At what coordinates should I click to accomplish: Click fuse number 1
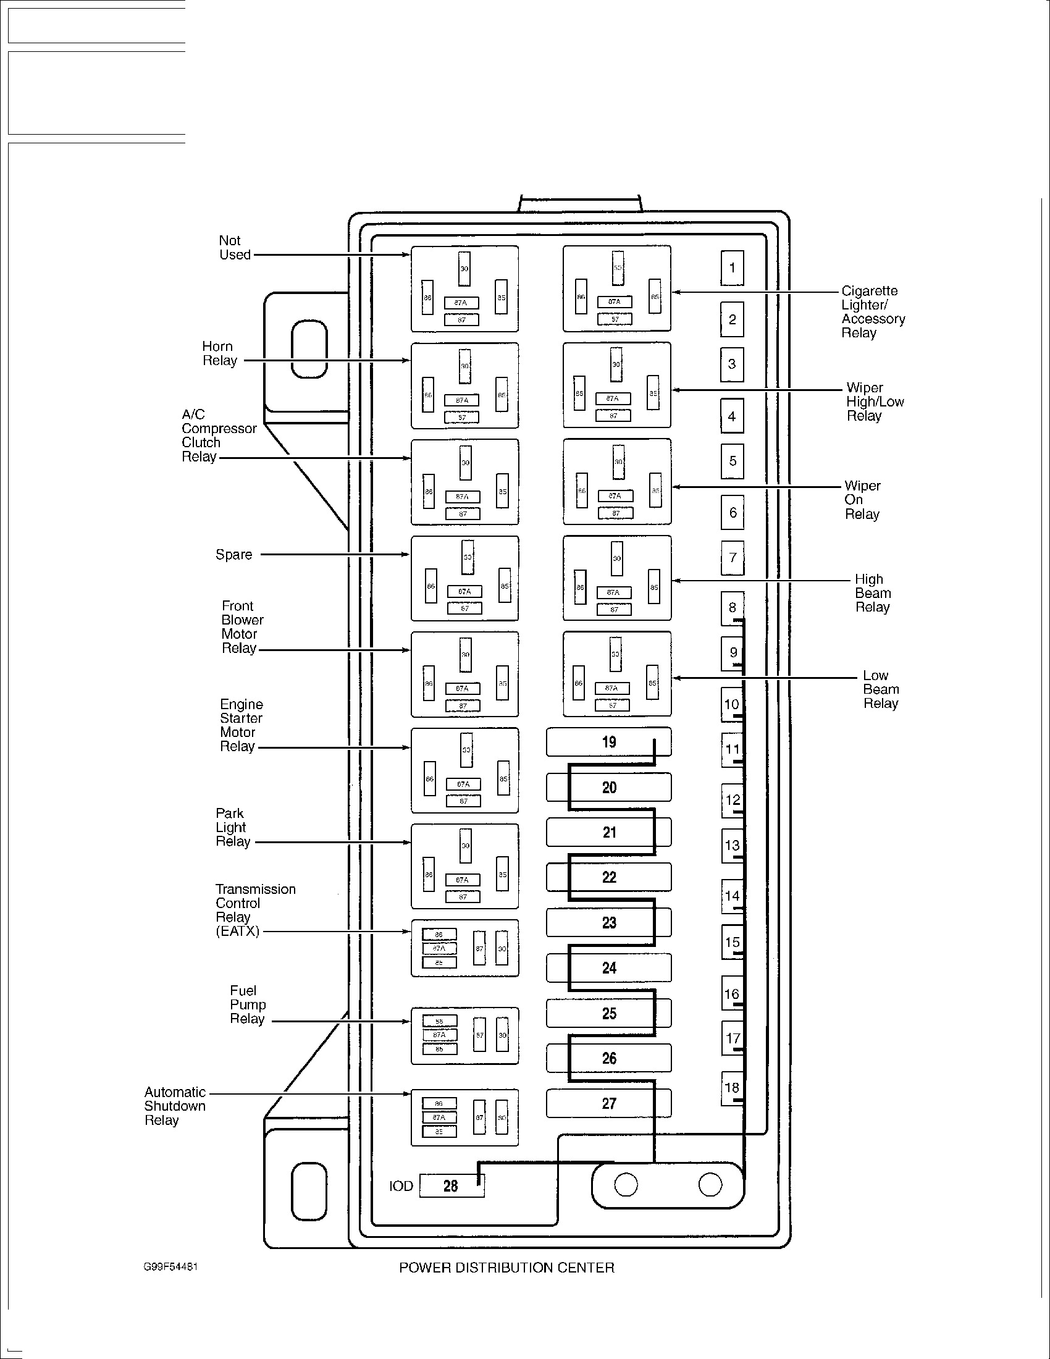[x=732, y=268]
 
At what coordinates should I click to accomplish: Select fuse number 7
[x=733, y=558]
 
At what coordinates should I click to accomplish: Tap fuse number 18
[x=732, y=1088]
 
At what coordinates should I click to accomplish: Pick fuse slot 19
[x=609, y=742]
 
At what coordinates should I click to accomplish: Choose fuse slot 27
[x=609, y=1103]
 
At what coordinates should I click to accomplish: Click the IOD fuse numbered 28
[x=451, y=1186]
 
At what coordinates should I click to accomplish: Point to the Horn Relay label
[x=220, y=353]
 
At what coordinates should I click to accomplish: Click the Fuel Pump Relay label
[x=248, y=1004]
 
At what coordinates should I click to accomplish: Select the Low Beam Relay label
[x=881, y=689]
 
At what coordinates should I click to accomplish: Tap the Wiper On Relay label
[x=862, y=500]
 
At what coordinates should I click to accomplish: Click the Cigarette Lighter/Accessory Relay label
[x=873, y=311]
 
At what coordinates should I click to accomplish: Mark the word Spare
[x=234, y=555]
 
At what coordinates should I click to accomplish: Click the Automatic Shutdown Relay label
[x=175, y=1106]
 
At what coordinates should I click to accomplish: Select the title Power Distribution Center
[x=506, y=1268]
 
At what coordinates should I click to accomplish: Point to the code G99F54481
[x=170, y=1267]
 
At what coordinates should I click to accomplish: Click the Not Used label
[x=235, y=248]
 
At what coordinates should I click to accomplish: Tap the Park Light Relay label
[x=233, y=827]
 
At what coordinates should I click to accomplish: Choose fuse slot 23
[x=609, y=922]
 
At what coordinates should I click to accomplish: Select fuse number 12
[x=733, y=800]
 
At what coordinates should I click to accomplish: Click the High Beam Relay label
[x=873, y=593]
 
